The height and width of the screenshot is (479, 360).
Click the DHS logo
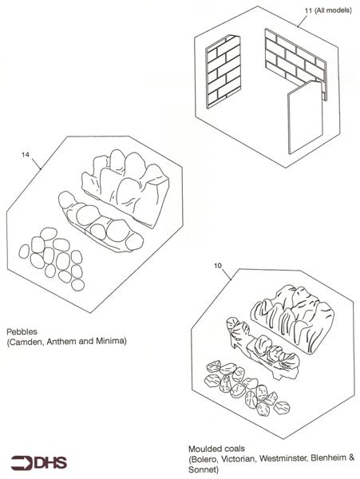click(x=39, y=463)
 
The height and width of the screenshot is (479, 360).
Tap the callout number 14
click(x=26, y=155)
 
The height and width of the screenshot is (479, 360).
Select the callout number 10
click(x=217, y=266)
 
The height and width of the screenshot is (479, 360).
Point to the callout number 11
click(x=308, y=10)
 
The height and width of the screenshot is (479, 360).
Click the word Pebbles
click(x=22, y=331)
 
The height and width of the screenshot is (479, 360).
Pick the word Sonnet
click(x=203, y=469)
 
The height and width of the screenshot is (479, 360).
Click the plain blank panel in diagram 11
click(x=306, y=117)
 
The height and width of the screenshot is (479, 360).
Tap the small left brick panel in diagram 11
click(x=224, y=72)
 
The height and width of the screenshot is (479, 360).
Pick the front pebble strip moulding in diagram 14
click(x=101, y=221)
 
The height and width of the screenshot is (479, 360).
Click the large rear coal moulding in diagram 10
click(x=291, y=317)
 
